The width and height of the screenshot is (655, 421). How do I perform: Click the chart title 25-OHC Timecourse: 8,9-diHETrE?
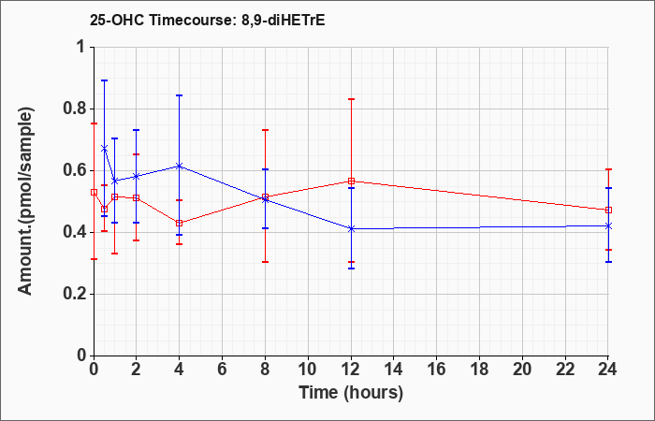pos(207,20)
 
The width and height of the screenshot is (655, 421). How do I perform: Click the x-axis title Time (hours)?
pos(351,393)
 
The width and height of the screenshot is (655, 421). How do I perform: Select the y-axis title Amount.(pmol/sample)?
pos(26,201)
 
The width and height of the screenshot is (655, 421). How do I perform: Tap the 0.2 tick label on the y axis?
pos(75,294)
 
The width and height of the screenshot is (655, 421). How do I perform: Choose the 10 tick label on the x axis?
pos(308,370)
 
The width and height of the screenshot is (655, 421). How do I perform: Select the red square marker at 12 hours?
pos(351,181)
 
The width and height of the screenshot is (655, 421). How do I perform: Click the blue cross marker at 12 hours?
pos(351,229)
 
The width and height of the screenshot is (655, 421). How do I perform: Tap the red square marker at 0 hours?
pos(94,192)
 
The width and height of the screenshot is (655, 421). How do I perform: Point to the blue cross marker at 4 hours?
pos(180,167)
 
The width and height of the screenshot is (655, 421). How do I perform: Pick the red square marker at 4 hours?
pos(180,223)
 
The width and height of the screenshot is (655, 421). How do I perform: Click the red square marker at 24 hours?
pos(608,210)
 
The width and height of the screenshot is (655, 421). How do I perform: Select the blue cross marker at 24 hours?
pos(608,226)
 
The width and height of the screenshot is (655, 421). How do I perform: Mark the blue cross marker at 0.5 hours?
pos(105,148)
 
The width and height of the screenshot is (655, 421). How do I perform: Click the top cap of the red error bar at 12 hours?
pos(351,99)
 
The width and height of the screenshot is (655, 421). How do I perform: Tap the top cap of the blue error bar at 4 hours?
pos(180,95)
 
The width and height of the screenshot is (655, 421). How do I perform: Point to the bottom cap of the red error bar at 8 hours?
pos(265,262)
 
